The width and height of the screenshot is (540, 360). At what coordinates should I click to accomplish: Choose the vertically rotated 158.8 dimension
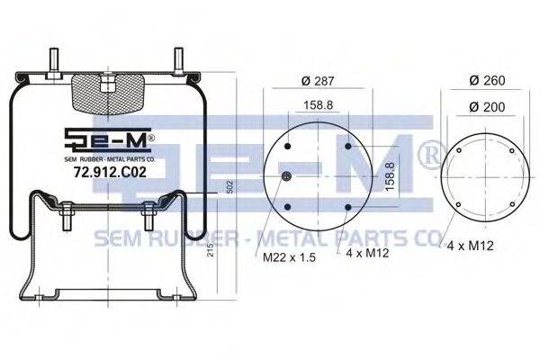pos(390,176)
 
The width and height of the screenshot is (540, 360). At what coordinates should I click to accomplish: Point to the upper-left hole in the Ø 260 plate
pos(459,152)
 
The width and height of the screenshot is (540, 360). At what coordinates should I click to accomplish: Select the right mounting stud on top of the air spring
pos(178,62)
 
